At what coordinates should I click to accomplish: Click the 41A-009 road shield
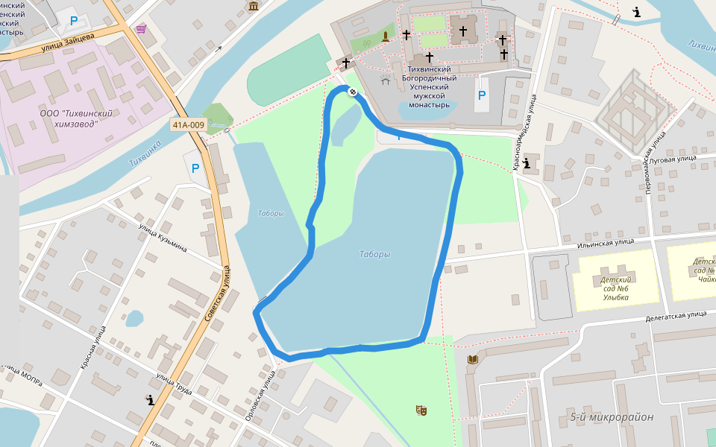[x=187, y=125]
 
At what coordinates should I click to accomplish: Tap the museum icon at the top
[x=254, y=7]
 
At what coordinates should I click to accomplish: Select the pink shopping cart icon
[x=141, y=29]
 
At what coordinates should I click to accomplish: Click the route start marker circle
[x=352, y=92]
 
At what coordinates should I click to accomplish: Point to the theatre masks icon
[x=421, y=410]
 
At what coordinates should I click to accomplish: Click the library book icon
[x=472, y=360]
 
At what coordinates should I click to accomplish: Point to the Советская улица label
[x=217, y=294]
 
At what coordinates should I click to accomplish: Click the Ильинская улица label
[x=606, y=241]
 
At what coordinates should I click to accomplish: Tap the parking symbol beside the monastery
[x=482, y=95]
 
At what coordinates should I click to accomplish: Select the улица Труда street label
[x=175, y=385]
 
